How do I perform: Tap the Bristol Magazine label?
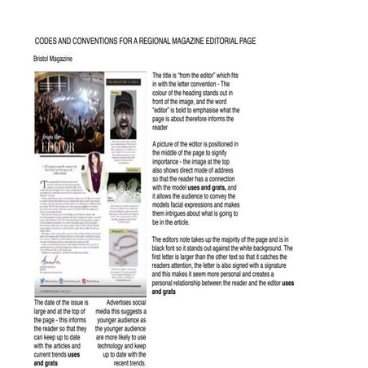[53, 59]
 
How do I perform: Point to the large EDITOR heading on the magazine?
[59, 147]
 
